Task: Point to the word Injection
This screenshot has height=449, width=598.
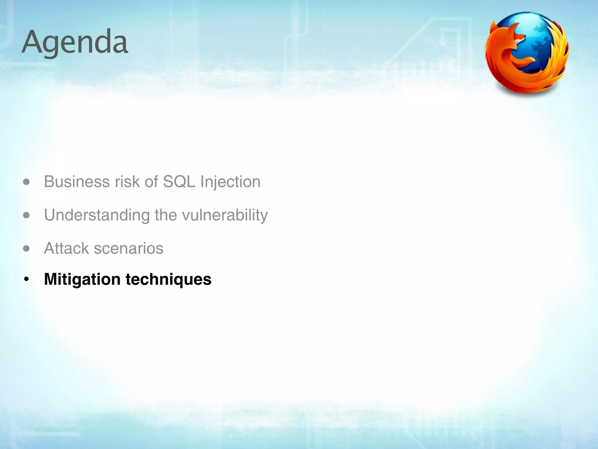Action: tap(230, 182)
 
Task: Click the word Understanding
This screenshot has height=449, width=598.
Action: tap(97, 215)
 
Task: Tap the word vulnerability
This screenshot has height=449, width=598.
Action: tap(225, 215)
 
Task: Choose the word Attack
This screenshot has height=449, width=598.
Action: tap(66, 248)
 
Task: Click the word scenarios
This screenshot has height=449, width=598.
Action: tap(128, 248)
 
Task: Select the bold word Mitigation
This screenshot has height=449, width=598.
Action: tap(82, 279)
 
